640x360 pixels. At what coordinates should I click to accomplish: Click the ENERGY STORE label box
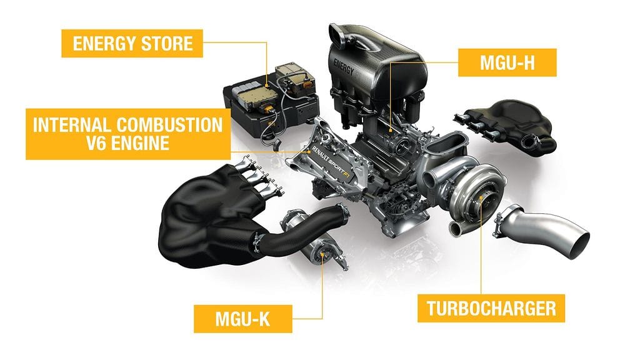pyautogui.click(x=132, y=43)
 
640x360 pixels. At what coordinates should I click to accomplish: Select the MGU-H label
pyautogui.click(x=507, y=62)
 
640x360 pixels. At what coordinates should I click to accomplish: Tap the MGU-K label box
pyautogui.click(x=243, y=318)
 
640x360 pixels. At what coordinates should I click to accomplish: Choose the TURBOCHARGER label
pyautogui.click(x=491, y=308)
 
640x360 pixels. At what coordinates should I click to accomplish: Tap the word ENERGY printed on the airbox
pyautogui.click(x=344, y=67)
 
